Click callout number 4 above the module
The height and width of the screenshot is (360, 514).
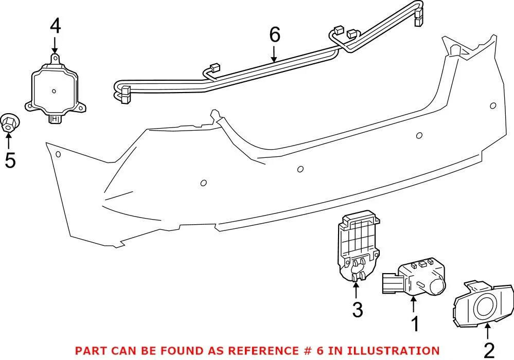(x=55, y=26)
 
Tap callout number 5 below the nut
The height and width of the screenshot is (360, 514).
(x=10, y=160)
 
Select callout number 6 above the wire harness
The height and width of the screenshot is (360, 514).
(x=275, y=35)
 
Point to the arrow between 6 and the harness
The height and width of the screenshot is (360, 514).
(x=275, y=53)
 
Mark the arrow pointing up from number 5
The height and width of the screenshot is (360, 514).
(x=9, y=140)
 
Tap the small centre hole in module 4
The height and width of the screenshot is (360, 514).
(x=54, y=92)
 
